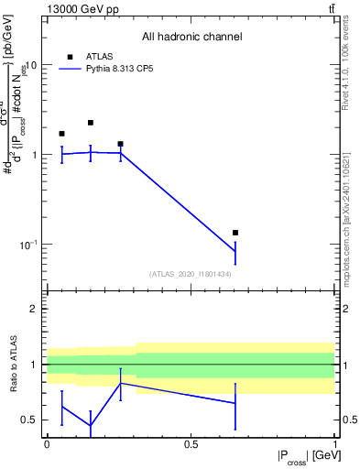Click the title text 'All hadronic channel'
coord(191,38)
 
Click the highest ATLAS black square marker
coord(91,123)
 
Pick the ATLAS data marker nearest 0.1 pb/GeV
coord(235,233)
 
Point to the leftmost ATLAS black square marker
coord(61,134)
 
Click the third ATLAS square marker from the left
coord(120,144)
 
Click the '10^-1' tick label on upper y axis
coord(27,245)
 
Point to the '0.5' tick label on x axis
coord(191,443)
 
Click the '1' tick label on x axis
coord(334,443)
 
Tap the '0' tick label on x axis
coord(47,443)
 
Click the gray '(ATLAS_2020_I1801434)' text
coord(191,274)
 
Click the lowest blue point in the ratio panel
coord(91,425)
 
